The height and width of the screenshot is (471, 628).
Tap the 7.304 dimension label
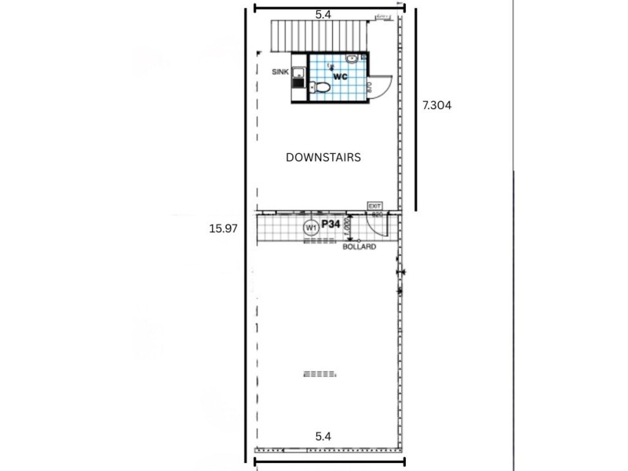436,104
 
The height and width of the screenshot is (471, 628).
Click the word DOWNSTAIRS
323,157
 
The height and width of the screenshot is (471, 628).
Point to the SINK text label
280,71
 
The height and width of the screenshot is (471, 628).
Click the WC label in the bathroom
341,77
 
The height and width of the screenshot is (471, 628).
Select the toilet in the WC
319,87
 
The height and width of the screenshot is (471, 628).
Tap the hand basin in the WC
352,59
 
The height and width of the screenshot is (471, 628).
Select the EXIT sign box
374,206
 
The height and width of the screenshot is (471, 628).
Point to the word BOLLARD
360,246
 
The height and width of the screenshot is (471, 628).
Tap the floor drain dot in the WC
331,66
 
